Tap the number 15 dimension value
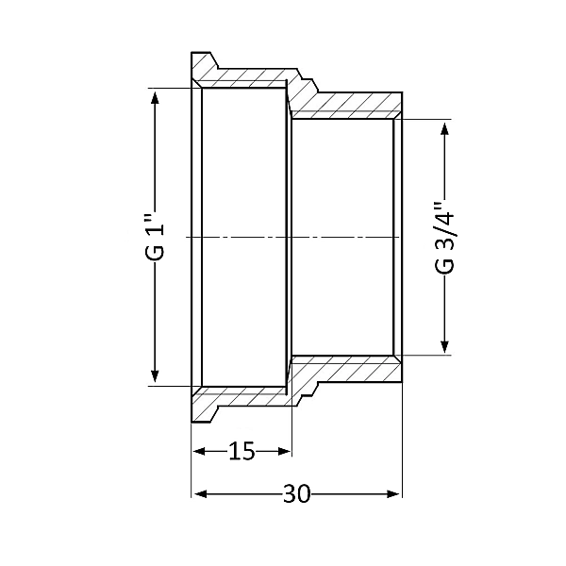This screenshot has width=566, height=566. coord(242,452)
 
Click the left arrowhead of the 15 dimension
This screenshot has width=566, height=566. coord(198,452)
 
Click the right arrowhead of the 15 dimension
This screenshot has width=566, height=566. coord(285,452)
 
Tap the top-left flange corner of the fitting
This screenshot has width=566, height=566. coord(192,55)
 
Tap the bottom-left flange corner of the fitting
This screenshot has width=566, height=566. coord(192,420)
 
